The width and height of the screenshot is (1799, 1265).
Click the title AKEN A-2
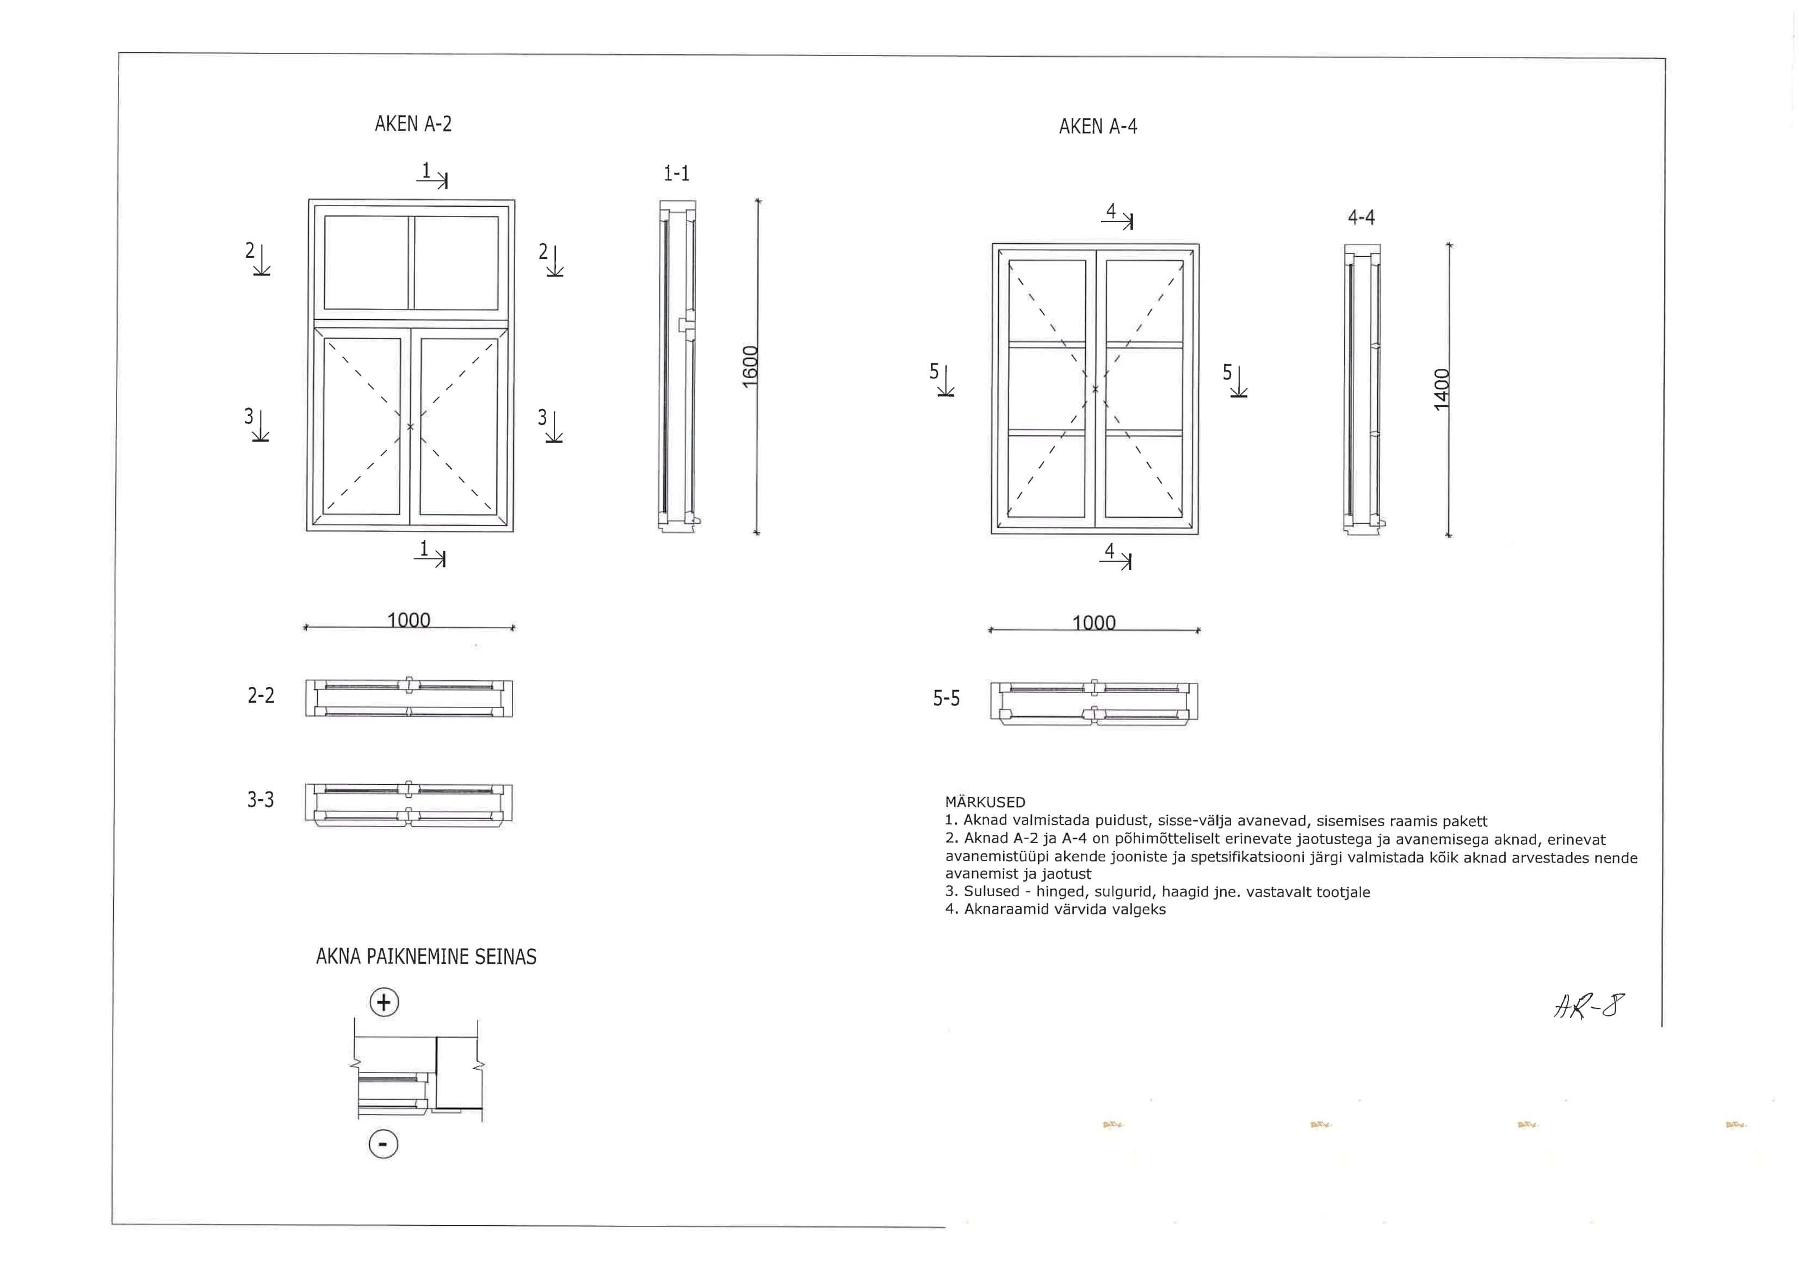click(413, 125)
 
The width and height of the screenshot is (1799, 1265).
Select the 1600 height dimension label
click(750, 366)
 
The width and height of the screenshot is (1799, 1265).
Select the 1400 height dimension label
click(1441, 389)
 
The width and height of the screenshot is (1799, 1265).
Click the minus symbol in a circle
click(383, 1144)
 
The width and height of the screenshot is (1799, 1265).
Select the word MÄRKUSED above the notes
click(984, 802)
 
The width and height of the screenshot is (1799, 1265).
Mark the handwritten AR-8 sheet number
click(1588, 1006)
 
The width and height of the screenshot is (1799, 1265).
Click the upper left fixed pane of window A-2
click(366, 262)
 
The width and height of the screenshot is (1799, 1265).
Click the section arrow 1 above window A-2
click(432, 176)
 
